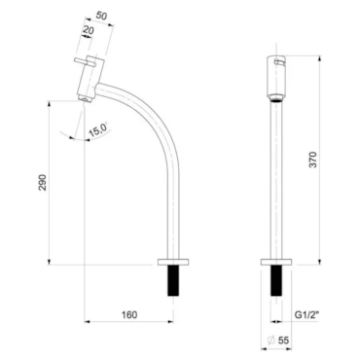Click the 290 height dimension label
(x=43, y=182)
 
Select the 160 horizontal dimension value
(x=129, y=314)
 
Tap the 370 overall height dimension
(x=313, y=160)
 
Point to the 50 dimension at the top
(x=101, y=16)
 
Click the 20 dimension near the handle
(x=89, y=30)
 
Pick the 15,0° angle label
(x=98, y=130)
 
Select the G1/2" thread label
(x=306, y=314)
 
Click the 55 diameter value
(x=283, y=340)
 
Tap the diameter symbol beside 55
(x=271, y=340)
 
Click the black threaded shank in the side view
(x=173, y=280)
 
